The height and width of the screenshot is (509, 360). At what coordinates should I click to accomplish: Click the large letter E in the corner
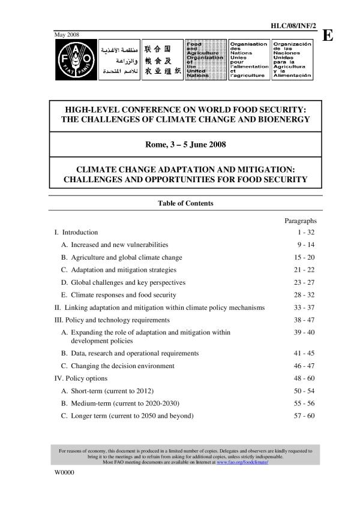[328, 35]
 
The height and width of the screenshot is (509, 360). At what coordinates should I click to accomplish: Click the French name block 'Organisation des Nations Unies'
[249, 60]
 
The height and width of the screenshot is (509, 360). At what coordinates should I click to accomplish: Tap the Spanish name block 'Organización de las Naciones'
[292, 60]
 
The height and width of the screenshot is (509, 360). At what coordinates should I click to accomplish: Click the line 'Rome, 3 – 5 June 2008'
[185, 144]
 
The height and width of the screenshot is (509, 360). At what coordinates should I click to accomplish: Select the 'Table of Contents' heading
[185, 203]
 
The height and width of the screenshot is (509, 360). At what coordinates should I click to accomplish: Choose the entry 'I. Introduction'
[76, 232]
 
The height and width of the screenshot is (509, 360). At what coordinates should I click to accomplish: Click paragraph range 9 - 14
[305, 245]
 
